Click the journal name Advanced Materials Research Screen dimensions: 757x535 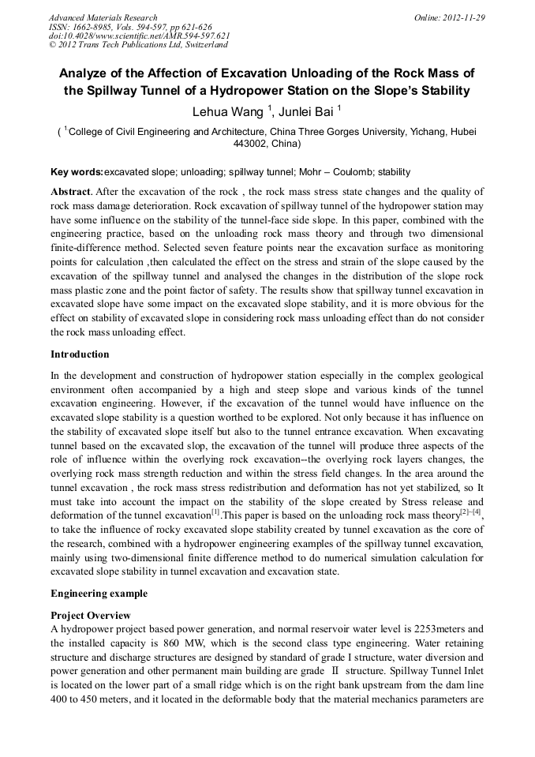[103, 17]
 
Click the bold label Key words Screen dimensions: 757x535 [77, 172]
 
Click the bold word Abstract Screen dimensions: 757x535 [71, 192]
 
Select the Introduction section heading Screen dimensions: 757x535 [80, 354]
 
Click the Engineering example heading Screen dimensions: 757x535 [99, 593]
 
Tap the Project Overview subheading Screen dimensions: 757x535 [91, 615]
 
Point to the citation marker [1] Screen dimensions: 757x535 [215, 513]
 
